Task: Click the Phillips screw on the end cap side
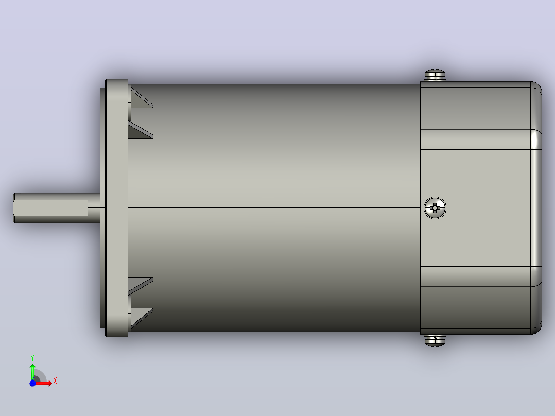click(435, 208)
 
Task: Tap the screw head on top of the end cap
click(435, 75)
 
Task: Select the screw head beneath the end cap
click(435, 340)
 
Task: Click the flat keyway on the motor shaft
click(51, 208)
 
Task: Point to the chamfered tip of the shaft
click(14, 208)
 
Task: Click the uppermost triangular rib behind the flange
click(142, 98)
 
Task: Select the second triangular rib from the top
click(141, 130)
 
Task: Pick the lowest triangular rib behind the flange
click(142, 319)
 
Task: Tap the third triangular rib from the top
click(141, 286)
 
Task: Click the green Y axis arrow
click(32, 371)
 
